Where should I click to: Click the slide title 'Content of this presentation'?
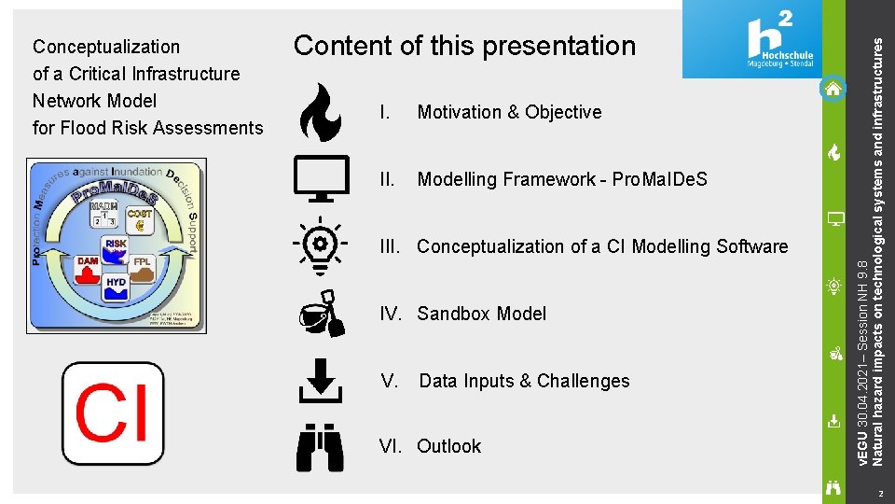point(464,46)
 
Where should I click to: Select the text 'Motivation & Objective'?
point(509,112)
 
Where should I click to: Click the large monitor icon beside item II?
point(321,178)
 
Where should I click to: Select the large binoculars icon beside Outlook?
point(320,447)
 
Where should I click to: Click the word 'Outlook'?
point(448,447)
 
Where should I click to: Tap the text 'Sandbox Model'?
point(481,314)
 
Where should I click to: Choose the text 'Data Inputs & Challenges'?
point(524,381)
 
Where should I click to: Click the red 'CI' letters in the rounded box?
point(112,413)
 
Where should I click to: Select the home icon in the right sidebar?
point(833,90)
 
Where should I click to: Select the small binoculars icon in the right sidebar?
point(834,486)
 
